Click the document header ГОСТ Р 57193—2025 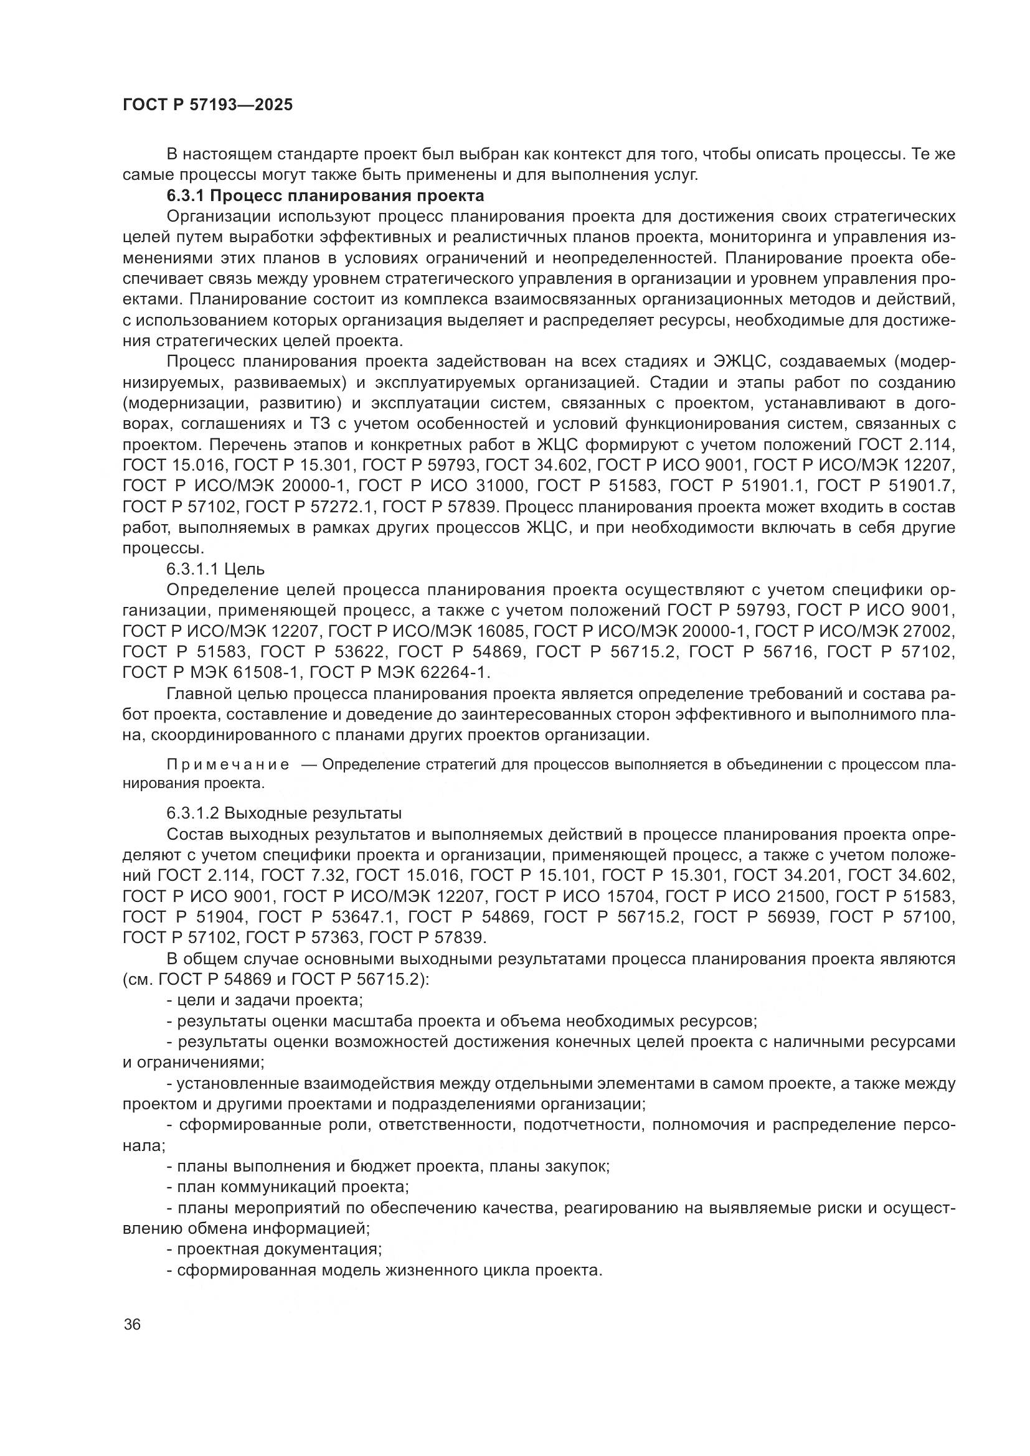coord(207,105)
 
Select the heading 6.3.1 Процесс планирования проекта coord(324,195)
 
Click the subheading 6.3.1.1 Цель coord(215,569)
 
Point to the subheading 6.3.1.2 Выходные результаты coord(284,813)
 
